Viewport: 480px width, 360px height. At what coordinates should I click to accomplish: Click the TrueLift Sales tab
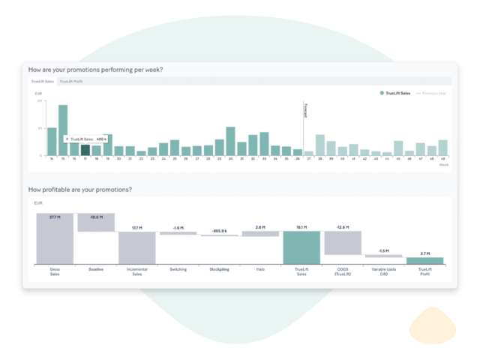coord(42,80)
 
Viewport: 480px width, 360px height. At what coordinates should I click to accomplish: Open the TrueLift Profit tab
coord(71,80)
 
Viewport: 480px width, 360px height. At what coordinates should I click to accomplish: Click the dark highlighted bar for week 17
coord(85,148)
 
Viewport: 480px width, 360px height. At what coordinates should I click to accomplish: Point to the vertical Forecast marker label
coord(305,110)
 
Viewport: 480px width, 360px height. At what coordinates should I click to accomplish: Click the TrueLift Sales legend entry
coord(395,93)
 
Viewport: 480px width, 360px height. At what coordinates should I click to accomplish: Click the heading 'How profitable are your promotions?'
coord(80,190)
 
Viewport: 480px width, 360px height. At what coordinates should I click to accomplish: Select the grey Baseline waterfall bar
coord(96,223)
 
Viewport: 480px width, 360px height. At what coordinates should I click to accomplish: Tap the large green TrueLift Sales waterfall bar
coord(301,247)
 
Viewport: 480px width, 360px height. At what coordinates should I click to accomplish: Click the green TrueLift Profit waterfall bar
coord(424,260)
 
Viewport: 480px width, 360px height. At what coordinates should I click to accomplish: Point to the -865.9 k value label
coord(219,231)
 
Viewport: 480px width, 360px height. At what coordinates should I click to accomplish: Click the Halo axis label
coord(260,268)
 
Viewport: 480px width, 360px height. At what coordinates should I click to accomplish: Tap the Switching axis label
coord(178,268)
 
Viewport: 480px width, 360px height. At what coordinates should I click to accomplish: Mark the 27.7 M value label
coord(55,217)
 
